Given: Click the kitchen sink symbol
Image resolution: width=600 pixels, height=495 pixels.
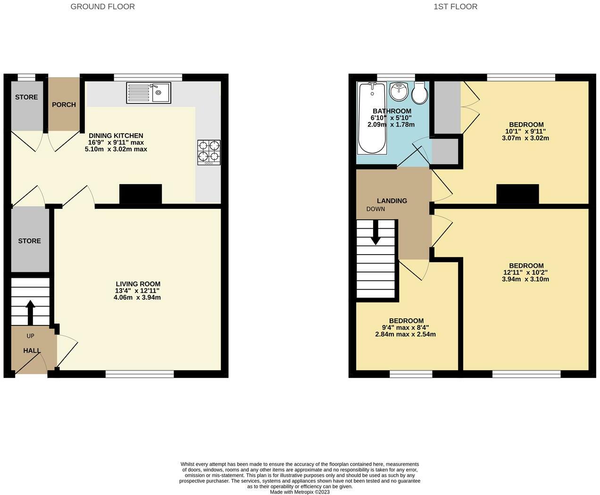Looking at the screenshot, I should [x=148, y=93].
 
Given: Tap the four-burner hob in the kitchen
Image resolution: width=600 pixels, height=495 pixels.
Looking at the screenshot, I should [x=208, y=152].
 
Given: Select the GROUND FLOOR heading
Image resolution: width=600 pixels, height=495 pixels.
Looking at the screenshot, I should [x=102, y=7].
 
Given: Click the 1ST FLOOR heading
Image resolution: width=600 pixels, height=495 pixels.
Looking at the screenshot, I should [x=455, y=7].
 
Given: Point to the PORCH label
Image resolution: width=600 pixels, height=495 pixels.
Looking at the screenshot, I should [x=64, y=105].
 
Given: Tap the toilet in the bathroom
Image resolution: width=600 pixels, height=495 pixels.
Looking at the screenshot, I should [x=419, y=93].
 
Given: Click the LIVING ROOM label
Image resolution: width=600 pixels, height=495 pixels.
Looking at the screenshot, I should [x=138, y=284].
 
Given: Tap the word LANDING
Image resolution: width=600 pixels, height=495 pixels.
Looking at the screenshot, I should [x=392, y=201].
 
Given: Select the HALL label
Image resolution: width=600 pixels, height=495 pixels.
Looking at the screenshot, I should [x=32, y=351].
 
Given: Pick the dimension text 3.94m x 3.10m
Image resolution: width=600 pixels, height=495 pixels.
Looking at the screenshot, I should [x=525, y=279].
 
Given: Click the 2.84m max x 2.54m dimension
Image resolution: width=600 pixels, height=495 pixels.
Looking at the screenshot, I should [x=405, y=334].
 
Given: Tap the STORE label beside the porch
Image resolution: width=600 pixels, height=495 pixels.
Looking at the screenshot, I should [x=26, y=97].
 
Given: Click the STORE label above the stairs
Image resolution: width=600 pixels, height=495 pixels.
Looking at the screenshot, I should [x=29, y=241].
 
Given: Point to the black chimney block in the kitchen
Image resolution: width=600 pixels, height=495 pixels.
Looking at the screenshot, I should [x=140, y=194].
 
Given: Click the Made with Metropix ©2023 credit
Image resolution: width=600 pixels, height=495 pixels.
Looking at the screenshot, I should [x=300, y=492].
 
